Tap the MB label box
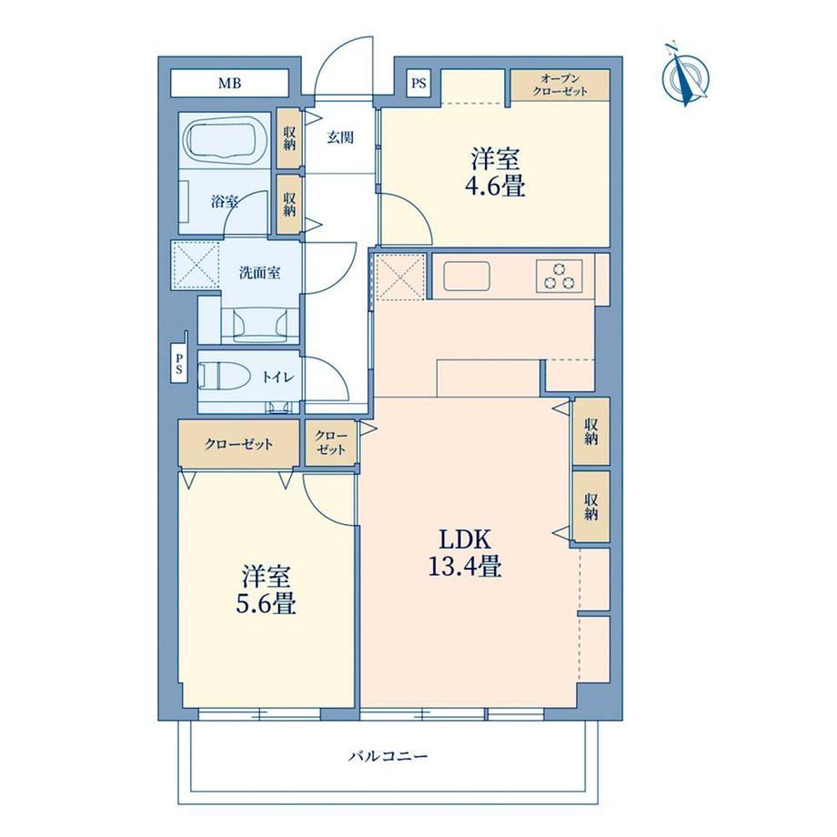229,83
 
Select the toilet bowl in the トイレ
224,378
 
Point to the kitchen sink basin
467,276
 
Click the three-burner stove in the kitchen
560,276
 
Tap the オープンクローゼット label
560,85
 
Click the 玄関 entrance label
340,137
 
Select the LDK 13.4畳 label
465,553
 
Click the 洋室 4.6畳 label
496,172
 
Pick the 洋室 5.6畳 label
266,590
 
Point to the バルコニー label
388,756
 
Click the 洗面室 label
259,273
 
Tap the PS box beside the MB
419,84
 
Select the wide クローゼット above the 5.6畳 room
238,445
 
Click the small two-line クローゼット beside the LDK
331,443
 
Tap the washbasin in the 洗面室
259,325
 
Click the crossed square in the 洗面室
196,265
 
